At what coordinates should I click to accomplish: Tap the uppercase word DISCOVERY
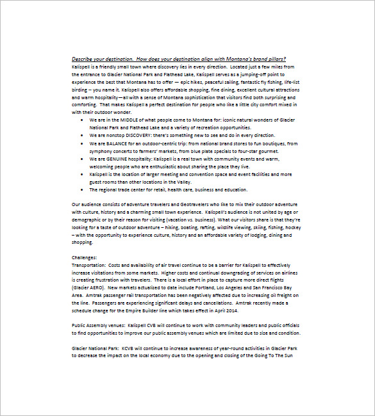[137, 135]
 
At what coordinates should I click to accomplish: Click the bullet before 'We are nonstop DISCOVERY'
[81, 136]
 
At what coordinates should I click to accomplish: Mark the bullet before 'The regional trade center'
[81, 189]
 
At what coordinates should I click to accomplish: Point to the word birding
[81, 90]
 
